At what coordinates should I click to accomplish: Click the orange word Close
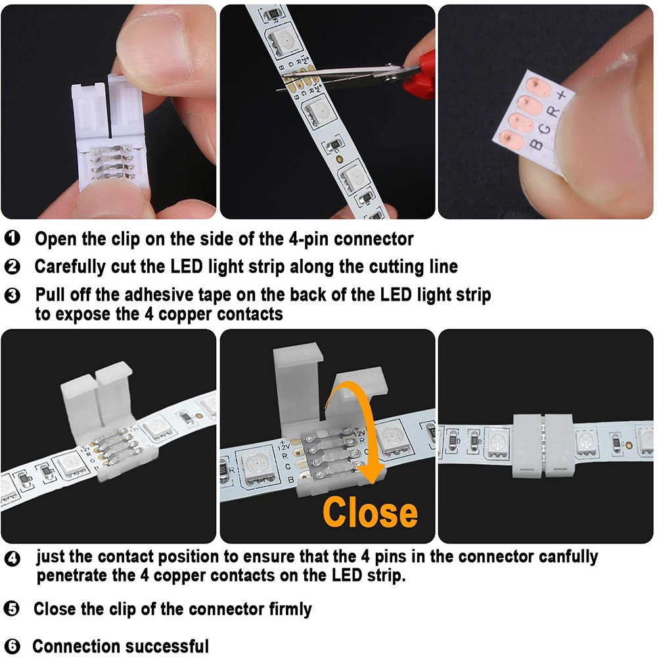click(x=371, y=512)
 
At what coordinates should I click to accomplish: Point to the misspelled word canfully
click(x=568, y=557)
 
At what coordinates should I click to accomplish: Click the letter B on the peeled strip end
click(x=535, y=144)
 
